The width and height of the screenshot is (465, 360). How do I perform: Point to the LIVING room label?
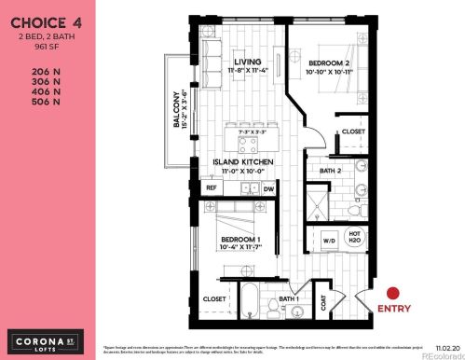coord(248,63)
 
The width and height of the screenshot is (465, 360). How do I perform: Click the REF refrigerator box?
coord(212,187)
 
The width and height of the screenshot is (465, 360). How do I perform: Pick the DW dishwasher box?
coord(268,187)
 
